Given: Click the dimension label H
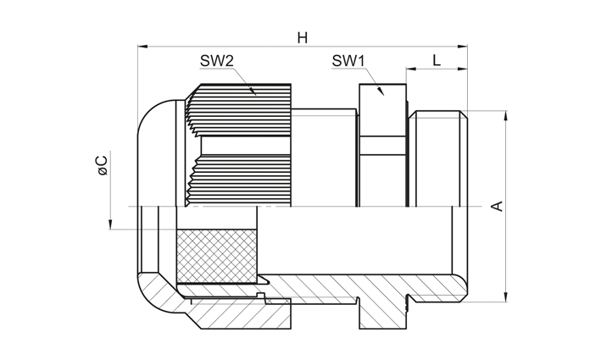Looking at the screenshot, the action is tap(303, 38).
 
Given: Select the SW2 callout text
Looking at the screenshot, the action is tap(216, 60).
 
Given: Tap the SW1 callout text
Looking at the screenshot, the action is tap(348, 60).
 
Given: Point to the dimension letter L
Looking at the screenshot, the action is tap(437, 60).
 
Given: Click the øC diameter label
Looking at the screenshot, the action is tap(103, 165).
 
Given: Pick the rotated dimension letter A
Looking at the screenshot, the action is tap(497, 206).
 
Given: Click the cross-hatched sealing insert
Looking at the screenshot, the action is tap(216, 256).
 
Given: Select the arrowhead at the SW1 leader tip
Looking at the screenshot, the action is tap(381, 91).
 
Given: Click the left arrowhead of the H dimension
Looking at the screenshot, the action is tap(142, 47).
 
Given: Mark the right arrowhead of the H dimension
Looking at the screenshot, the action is tap(463, 47).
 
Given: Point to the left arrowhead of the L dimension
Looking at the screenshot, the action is tap(411, 69).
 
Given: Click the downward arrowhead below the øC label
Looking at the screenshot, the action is tap(110, 224).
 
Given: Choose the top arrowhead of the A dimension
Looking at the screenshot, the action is tap(506, 116).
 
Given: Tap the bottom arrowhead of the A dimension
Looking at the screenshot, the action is tap(506, 296).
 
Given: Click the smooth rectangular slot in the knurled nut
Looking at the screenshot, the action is tap(246, 146).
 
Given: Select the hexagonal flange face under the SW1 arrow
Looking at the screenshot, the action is tap(382, 110).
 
